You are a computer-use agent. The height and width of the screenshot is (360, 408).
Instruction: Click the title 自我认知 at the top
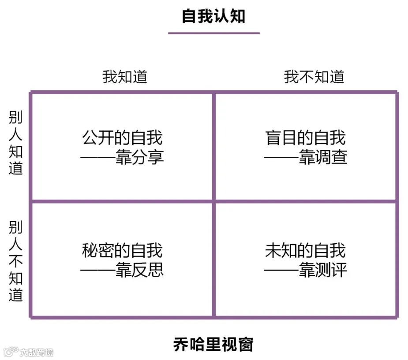[x=213, y=16]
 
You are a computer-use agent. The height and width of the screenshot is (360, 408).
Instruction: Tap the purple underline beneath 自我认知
[x=213, y=33]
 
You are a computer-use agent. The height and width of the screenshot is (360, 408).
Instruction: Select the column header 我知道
[x=125, y=77]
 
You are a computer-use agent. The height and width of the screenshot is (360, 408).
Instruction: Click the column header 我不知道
[x=314, y=77]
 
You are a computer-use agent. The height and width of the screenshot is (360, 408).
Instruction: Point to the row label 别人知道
[x=16, y=143]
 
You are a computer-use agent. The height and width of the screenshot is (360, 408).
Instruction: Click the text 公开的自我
[x=123, y=138]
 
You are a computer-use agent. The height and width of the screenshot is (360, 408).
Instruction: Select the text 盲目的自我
[x=306, y=138]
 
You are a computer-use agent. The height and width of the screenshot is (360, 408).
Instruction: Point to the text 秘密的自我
[x=123, y=251]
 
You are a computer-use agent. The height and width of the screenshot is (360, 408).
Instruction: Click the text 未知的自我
[x=306, y=251]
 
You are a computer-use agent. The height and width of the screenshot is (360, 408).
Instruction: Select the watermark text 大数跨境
[x=36, y=352]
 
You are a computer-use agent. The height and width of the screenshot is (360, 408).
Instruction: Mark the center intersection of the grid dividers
[x=213, y=202]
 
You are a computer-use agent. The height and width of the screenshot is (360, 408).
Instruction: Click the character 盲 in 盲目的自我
[x=274, y=138]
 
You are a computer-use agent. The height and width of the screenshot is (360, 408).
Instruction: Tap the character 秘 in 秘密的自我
[x=90, y=251]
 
